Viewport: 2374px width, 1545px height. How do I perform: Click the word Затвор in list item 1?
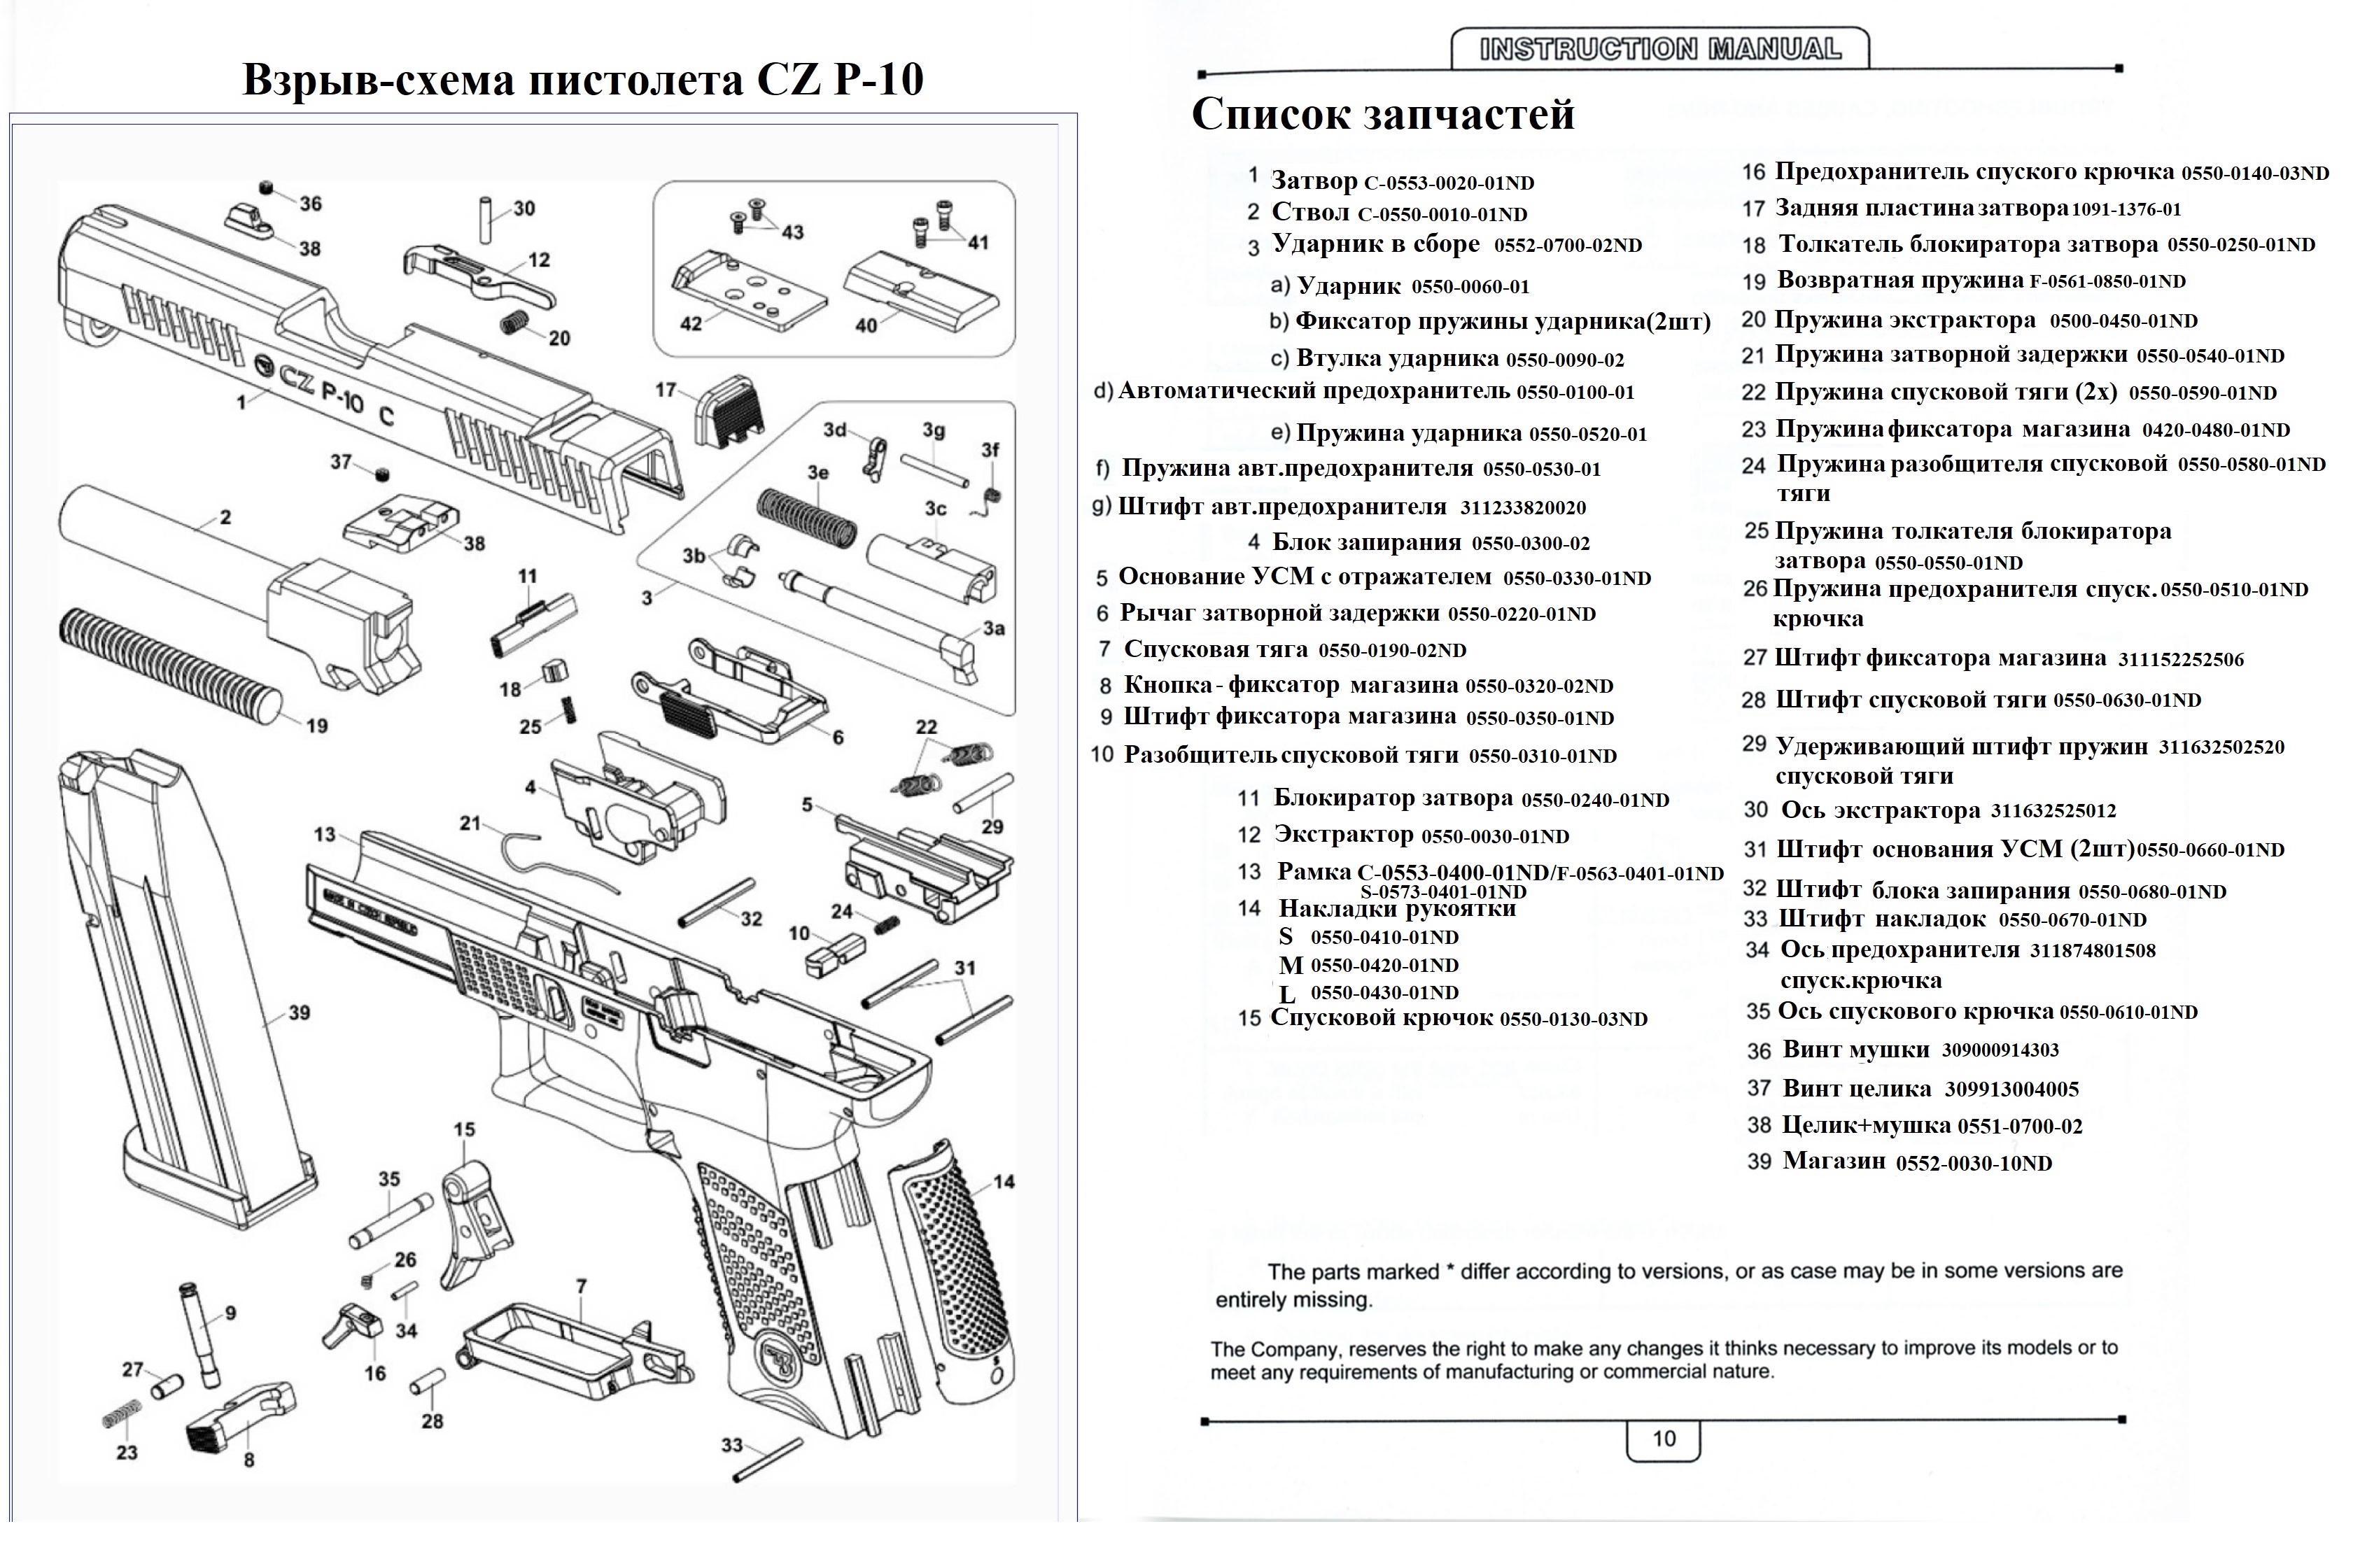pyautogui.click(x=1313, y=181)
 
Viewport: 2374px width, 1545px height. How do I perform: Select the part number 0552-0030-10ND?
pyautogui.click(x=1973, y=1164)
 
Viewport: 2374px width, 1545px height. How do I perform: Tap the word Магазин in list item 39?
pyautogui.click(x=1834, y=1161)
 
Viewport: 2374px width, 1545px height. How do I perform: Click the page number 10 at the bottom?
pyautogui.click(x=1663, y=1438)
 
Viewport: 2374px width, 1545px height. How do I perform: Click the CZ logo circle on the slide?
pyautogui.click(x=265, y=365)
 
